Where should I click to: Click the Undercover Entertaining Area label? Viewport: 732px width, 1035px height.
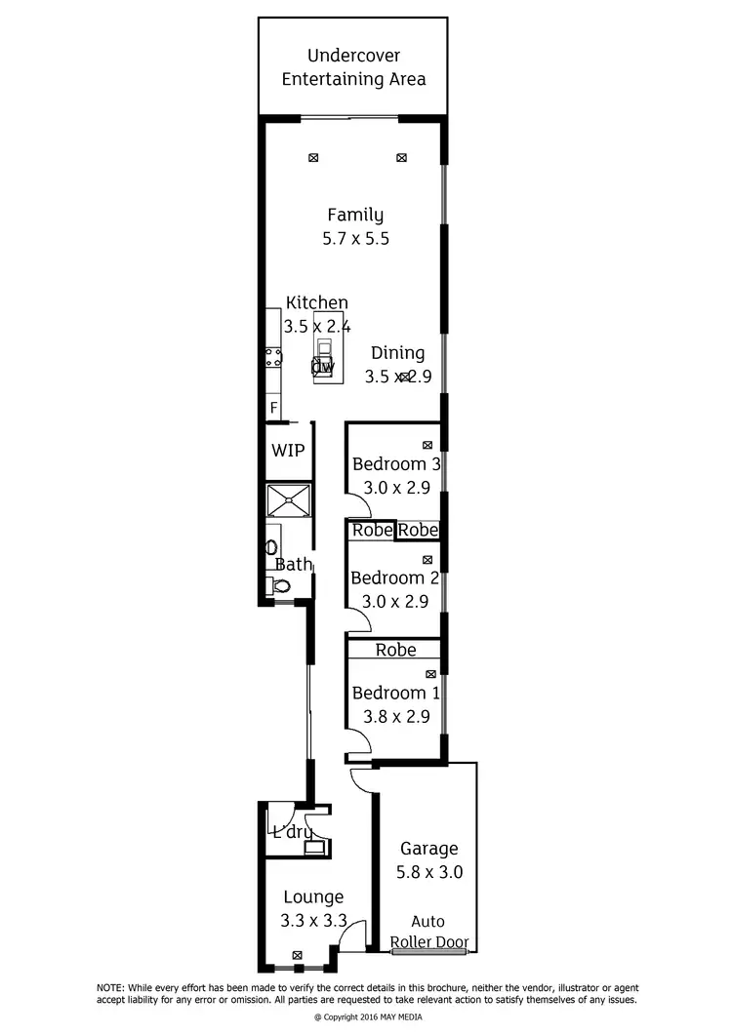coord(353,67)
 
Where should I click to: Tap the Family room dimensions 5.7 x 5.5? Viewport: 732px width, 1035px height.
coord(355,238)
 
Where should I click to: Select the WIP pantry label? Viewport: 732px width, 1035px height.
coord(288,450)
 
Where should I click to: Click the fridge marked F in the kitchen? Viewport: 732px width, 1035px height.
coord(273,407)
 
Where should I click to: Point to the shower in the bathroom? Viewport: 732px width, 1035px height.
coord(289,499)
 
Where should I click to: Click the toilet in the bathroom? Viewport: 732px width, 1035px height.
coord(281,586)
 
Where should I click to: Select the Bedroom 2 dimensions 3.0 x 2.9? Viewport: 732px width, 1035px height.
coord(394,602)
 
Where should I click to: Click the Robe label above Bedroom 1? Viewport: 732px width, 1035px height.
coord(395,649)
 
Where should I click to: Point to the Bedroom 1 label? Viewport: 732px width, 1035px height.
coord(394,693)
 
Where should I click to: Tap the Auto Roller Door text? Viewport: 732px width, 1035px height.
coord(428,932)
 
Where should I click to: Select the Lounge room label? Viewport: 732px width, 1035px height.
coord(313,896)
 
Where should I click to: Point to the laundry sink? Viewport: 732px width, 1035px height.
coord(313,847)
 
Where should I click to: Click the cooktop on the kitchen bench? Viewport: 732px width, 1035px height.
coord(274,356)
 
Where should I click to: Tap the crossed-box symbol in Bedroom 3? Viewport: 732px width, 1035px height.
coord(427,445)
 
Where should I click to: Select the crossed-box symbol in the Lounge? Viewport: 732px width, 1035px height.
coord(298,956)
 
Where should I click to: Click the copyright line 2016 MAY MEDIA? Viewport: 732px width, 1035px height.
coord(366,1016)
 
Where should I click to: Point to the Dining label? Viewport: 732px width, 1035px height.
coord(397,353)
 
